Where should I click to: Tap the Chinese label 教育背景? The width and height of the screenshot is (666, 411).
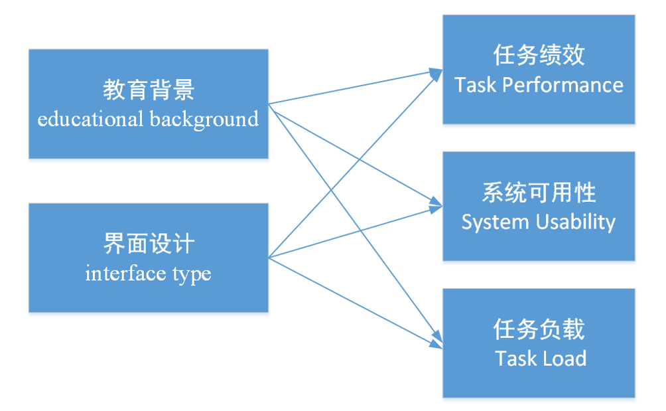pyautogui.click(x=149, y=90)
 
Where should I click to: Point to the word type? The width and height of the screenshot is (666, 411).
pyautogui.click(x=192, y=275)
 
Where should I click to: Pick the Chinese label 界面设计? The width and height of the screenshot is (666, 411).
pyautogui.click(x=149, y=244)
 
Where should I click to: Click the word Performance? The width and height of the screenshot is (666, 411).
pyautogui.click(x=563, y=85)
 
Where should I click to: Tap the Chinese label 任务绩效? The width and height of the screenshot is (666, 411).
pyautogui.click(x=539, y=55)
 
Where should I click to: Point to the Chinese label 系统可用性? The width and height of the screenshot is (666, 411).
pyautogui.click(x=539, y=192)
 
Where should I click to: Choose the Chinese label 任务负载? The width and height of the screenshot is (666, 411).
pyautogui.click(x=539, y=329)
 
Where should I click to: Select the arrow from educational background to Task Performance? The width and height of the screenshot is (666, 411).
pyautogui.click(x=356, y=87)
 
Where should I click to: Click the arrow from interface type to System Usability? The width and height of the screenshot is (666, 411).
pyautogui.click(x=356, y=232)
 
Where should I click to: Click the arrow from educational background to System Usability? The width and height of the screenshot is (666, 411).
pyautogui.click(x=356, y=155)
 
